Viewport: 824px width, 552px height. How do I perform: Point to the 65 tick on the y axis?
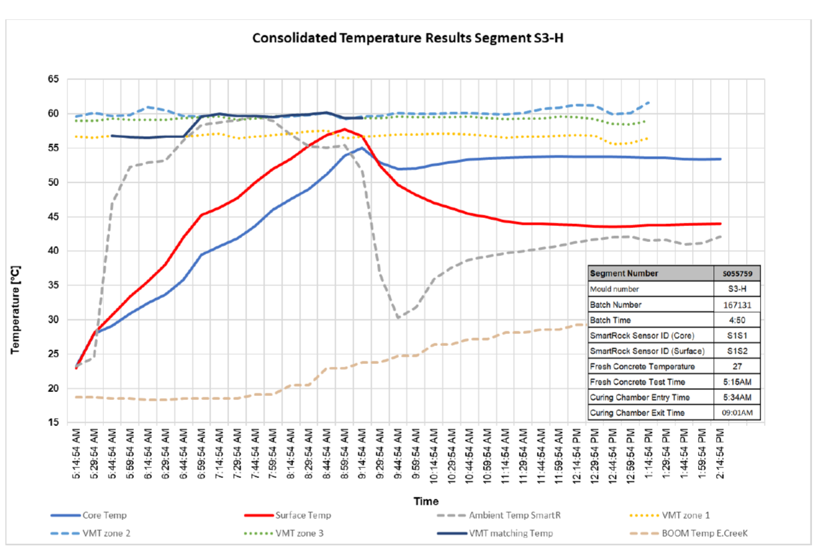click(53, 79)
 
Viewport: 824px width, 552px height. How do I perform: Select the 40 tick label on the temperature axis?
click(53, 251)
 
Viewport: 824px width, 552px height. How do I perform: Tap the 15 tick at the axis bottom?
click(53, 423)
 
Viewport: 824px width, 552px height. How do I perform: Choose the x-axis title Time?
click(426, 501)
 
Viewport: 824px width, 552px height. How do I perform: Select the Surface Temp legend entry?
click(303, 515)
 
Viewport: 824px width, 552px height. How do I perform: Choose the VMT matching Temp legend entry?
click(511, 533)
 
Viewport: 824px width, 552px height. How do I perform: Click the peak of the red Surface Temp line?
click(344, 129)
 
